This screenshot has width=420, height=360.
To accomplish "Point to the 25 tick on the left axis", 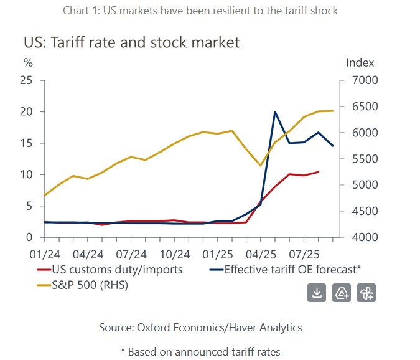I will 26,80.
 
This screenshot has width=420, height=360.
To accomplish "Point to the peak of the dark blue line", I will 275,112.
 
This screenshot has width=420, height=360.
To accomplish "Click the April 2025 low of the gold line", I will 261,165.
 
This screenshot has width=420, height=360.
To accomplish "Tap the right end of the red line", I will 319,172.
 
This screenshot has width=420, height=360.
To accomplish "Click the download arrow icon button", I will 317,293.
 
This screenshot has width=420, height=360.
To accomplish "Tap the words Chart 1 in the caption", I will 81,10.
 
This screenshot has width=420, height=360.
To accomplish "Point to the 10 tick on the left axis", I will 26,174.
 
